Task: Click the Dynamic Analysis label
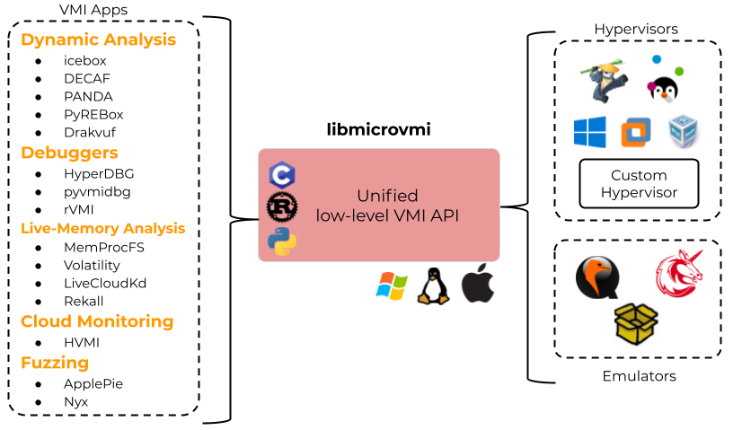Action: coord(98,40)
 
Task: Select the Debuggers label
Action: coord(69,154)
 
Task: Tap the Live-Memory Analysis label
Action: coord(102,228)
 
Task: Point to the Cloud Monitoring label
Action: coord(97,321)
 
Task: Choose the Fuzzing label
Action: coord(55,364)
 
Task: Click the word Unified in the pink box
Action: coord(387,196)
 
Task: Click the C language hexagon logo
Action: coord(282,175)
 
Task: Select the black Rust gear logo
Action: coord(282,206)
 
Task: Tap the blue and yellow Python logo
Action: coord(282,241)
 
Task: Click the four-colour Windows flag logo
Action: coord(391,286)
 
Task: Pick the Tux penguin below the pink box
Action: coord(433,287)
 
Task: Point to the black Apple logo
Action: coord(478,285)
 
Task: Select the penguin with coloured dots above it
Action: coord(664,88)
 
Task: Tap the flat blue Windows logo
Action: coord(590,133)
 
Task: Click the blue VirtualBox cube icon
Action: coord(684,132)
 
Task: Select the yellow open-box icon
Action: coord(636,324)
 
